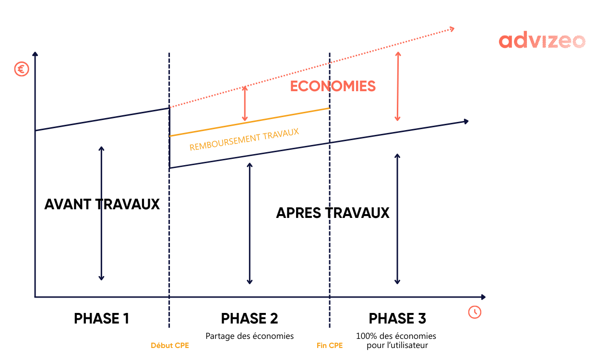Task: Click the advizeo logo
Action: point(542,41)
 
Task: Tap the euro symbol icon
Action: point(22,70)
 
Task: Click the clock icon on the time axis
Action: point(475,312)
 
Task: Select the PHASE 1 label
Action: point(102,319)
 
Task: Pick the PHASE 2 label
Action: point(250,319)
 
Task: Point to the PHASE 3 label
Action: point(397,319)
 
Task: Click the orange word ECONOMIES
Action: point(333,86)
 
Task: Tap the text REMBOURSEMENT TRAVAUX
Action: point(244,139)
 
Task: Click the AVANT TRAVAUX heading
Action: point(102,204)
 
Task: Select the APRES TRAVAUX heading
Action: point(333,213)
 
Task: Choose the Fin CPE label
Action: point(330,346)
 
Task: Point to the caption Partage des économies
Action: point(250,336)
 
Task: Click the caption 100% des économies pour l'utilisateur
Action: point(396,340)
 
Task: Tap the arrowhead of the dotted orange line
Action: point(451,29)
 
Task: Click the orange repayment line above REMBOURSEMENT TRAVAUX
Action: point(250,122)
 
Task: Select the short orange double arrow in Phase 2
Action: point(245,103)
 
